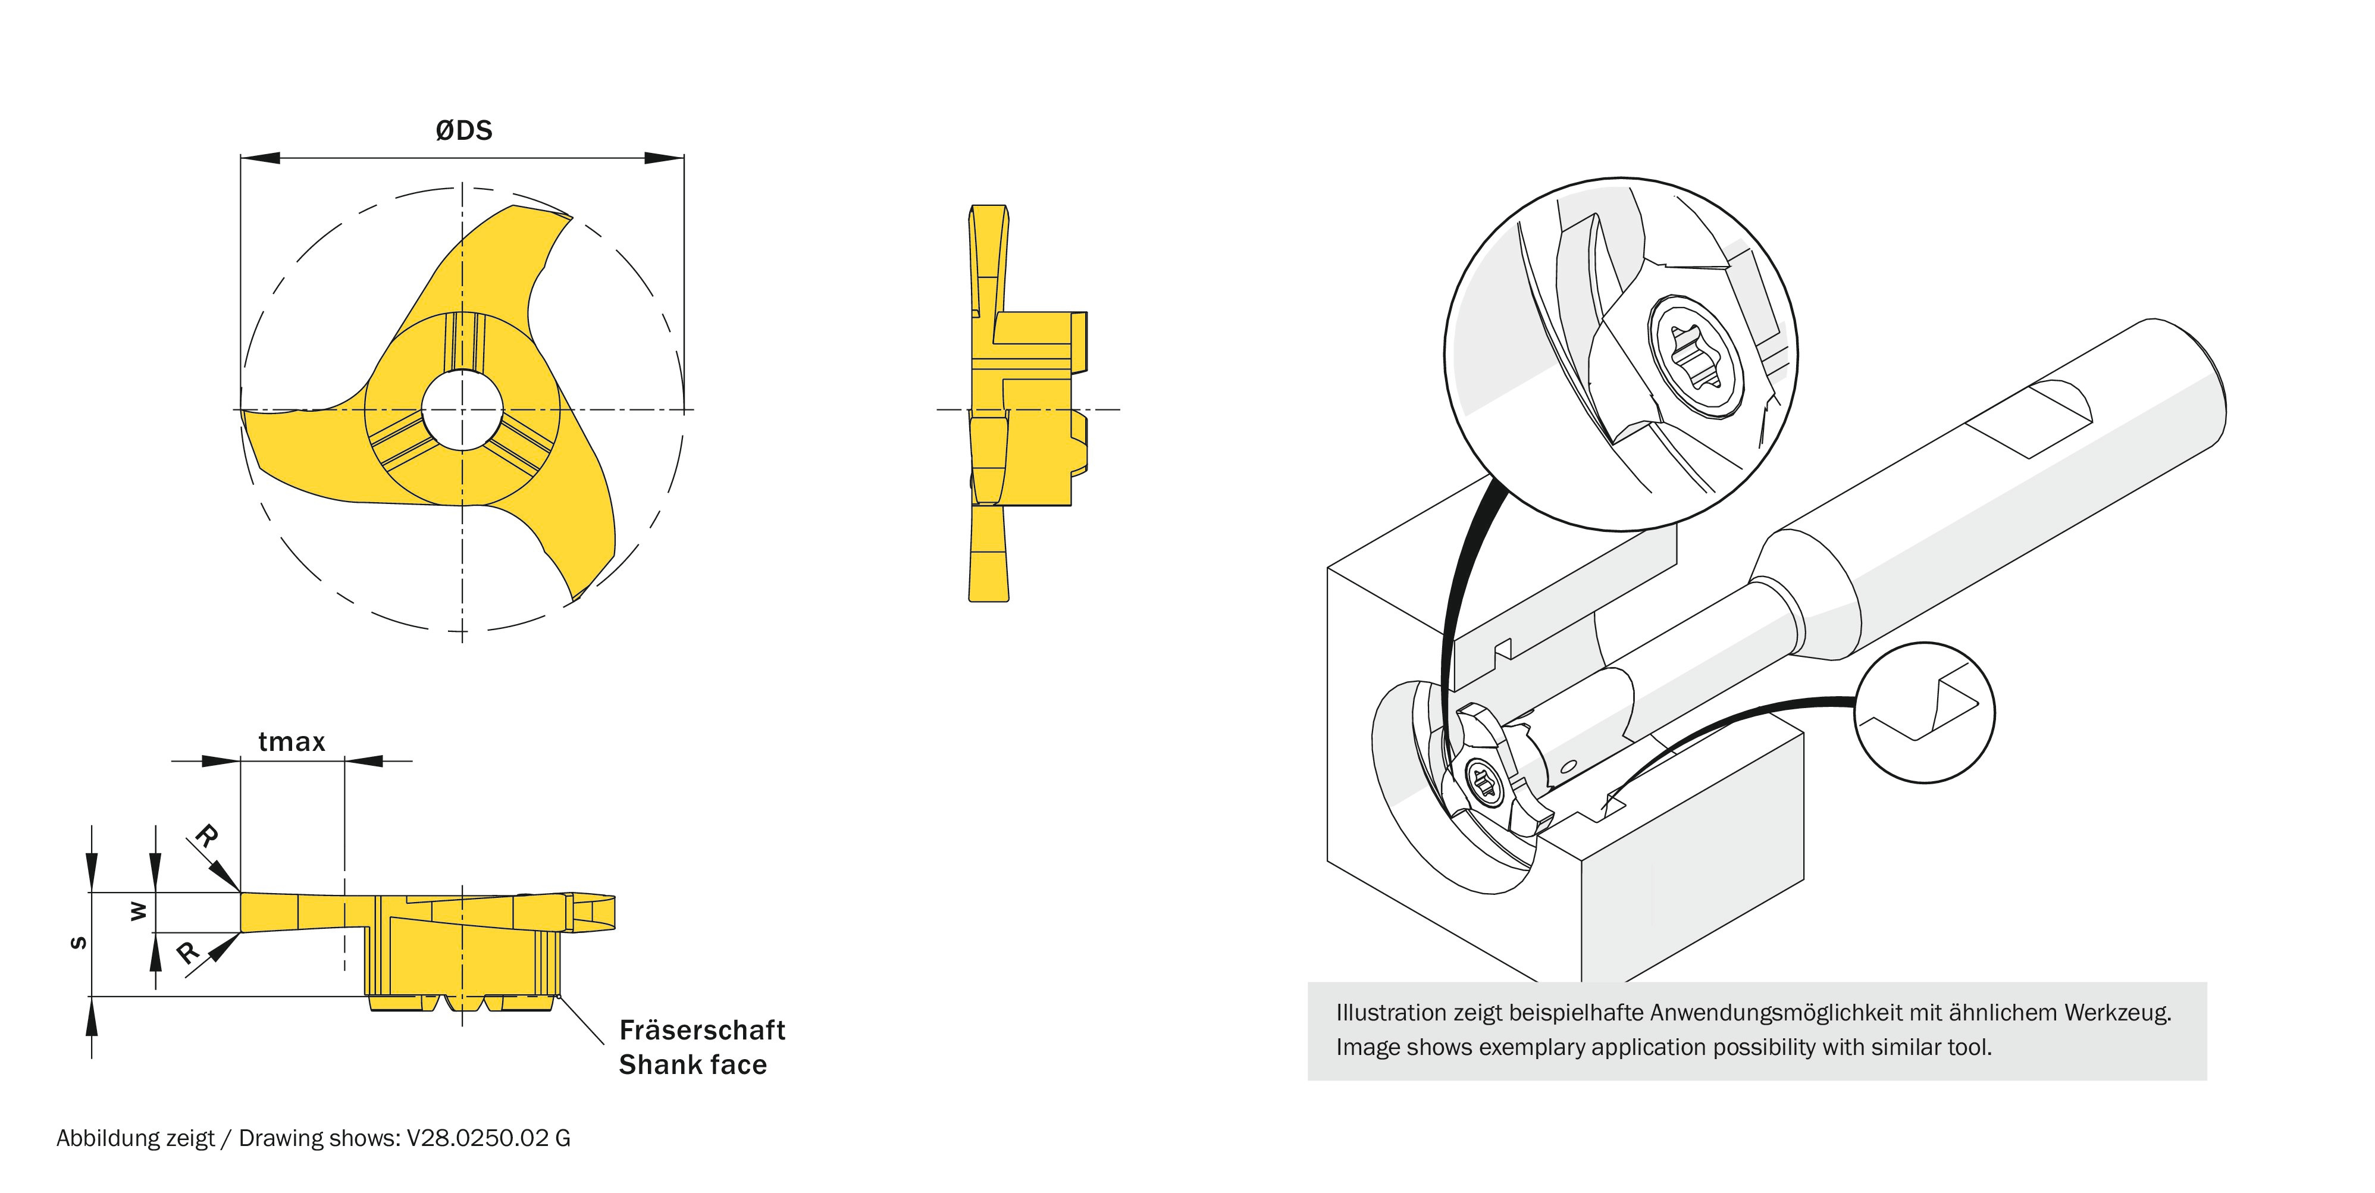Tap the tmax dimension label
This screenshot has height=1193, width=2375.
point(292,742)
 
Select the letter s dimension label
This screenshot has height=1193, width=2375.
point(79,943)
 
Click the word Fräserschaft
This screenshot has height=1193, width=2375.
point(701,1030)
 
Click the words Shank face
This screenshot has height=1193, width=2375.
point(693,1065)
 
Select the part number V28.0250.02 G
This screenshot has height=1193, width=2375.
point(488,1139)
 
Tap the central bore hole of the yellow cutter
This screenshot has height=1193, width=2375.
point(462,409)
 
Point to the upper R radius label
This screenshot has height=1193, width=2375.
point(206,836)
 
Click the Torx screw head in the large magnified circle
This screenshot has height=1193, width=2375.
point(1696,357)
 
